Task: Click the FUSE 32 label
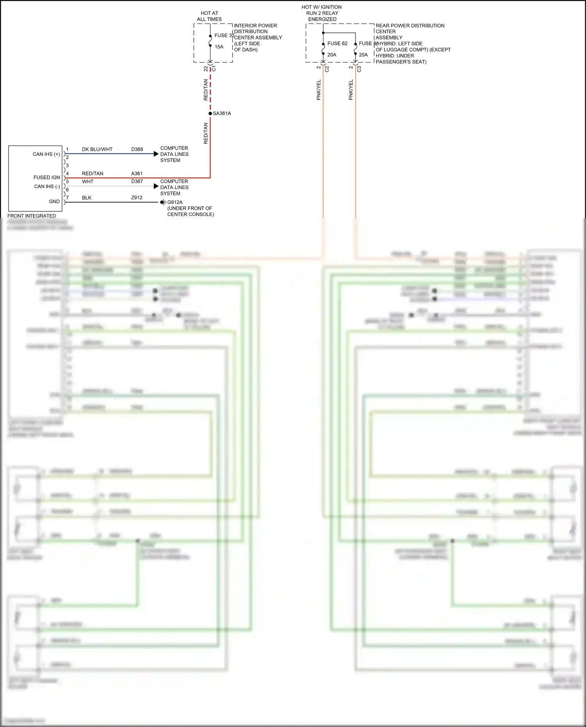pyautogui.click(x=224, y=36)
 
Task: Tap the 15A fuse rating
pyautogui.click(x=219, y=47)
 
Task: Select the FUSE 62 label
pyautogui.click(x=337, y=43)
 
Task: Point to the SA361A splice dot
pyautogui.click(x=210, y=113)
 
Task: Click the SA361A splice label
pyautogui.click(x=222, y=113)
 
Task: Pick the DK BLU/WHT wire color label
pyautogui.click(x=97, y=149)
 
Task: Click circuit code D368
pyautogui.click(x=137, y=149)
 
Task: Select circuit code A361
pyautogui.click(x=137, y=173)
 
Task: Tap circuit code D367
pyautogui.click(x=137, y=181)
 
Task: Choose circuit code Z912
pyautogui.click(x=137, y=198)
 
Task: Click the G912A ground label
pyautogui.click(x=175, y=202)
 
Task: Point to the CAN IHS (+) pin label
pyautogui.click(x=46, y=154)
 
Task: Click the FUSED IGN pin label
pyautogui.click(x=46, y=177)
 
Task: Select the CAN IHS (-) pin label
pyautogui.click(x=47, y=186)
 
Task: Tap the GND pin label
pyautogui.click(x=54, y=202)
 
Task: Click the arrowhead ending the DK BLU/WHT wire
pyautogui.click(x=156, y=154)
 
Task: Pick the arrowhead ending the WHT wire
pyautogui.click(x=156, y=186)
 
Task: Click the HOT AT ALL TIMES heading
pyautogui.click(x=209, y=16)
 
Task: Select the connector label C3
pyautogui.click(x=359, y=69)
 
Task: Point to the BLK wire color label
pyautogui.click(x=86, y=198)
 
